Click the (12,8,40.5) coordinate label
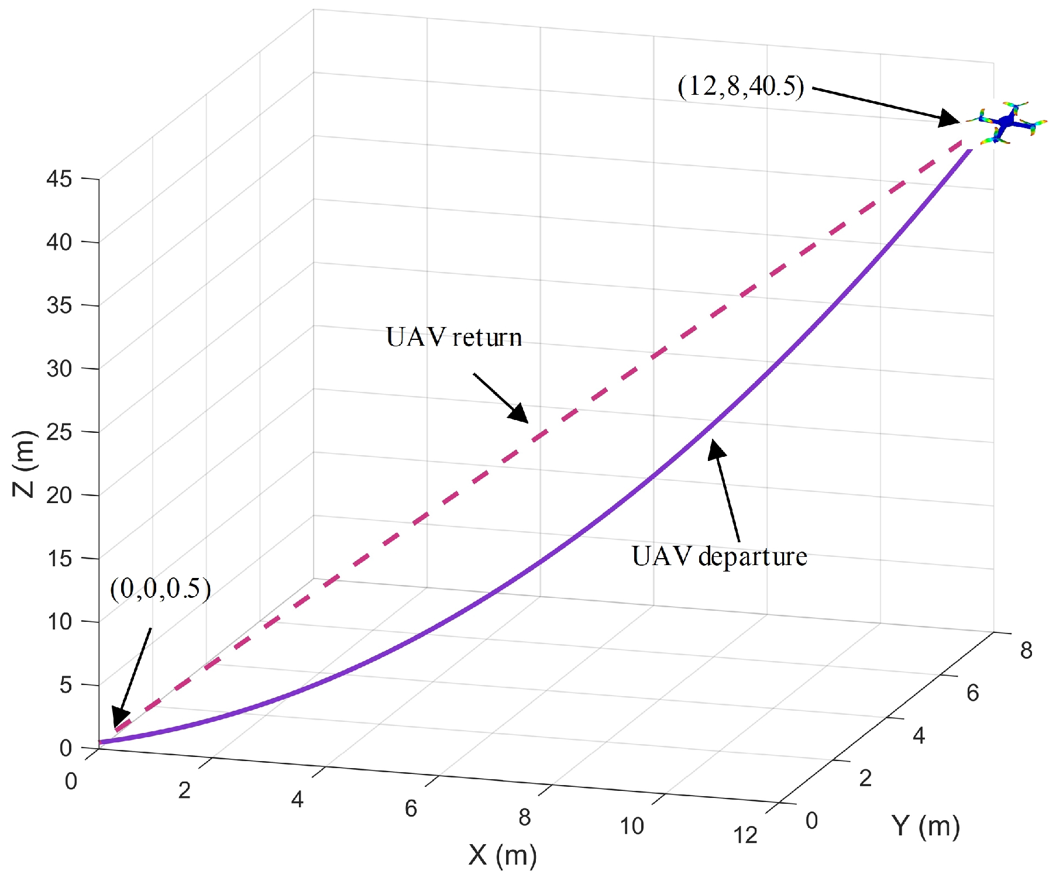click(741, 86)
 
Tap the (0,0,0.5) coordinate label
click(160, 589)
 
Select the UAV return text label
click(454, 338)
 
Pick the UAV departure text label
click(719, 556)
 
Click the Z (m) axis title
click(25, 463)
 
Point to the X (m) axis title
click(503, 855)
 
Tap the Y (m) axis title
click(926, 826)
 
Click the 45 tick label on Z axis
click(59, 179)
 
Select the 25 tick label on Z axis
click(59, 432)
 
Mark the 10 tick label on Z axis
click(59, 622)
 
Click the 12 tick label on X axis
click(745, 835)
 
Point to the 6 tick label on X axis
click(411, 808)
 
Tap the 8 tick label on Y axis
click(1026, 651)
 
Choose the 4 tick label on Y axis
click(919, 736)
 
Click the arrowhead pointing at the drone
click(948, 119)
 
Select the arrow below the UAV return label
click(501, 398)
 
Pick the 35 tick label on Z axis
click(59, 305)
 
